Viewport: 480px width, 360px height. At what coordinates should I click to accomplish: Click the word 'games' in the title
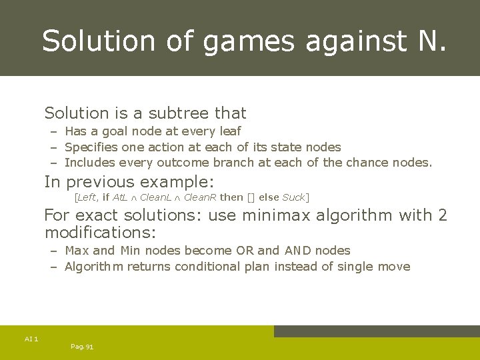tap(249, 41)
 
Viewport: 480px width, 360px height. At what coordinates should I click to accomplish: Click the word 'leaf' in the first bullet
tap(229, 131)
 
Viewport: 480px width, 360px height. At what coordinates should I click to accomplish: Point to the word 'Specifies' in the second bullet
tap(91, 147)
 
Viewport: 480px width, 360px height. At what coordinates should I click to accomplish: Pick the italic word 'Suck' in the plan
tap(293, 197)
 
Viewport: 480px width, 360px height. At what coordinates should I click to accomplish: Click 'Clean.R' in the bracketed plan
tap(200, 197)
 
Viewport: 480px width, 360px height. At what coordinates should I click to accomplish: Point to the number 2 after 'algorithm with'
tap(442, 215)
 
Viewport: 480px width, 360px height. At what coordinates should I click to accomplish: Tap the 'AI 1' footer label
tap(31, 339)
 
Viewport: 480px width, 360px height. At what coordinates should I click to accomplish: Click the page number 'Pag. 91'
tap(82, 347)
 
